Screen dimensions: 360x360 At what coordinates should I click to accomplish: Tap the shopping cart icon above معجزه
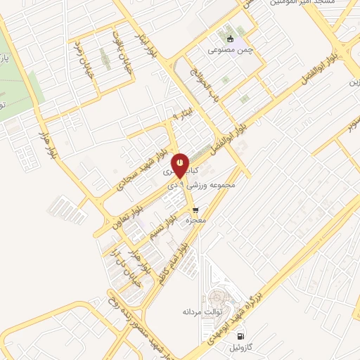click(195, 210)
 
